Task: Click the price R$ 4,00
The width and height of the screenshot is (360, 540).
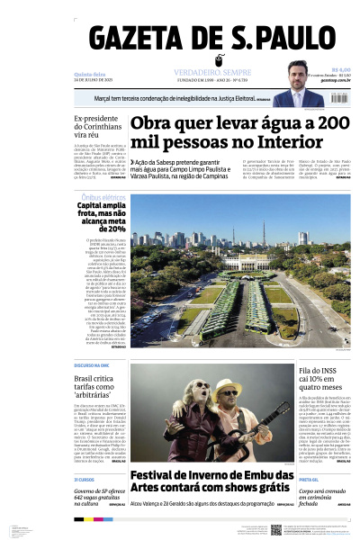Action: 340,68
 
